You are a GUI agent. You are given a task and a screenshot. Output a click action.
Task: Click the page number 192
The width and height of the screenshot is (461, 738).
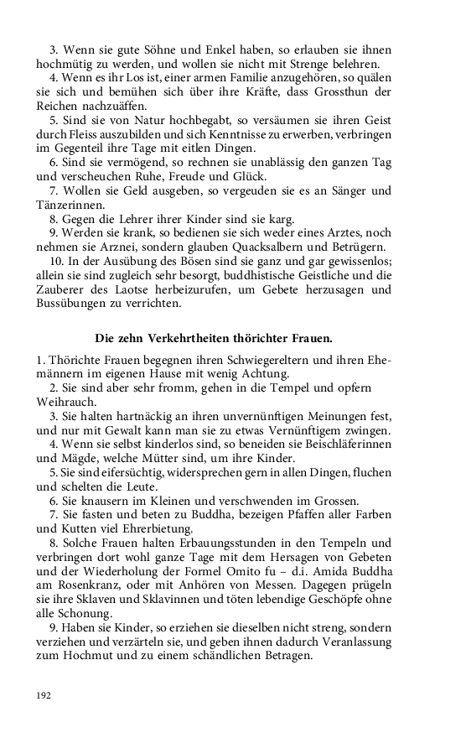[44, 694]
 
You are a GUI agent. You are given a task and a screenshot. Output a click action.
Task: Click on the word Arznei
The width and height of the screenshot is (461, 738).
[122, 246]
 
